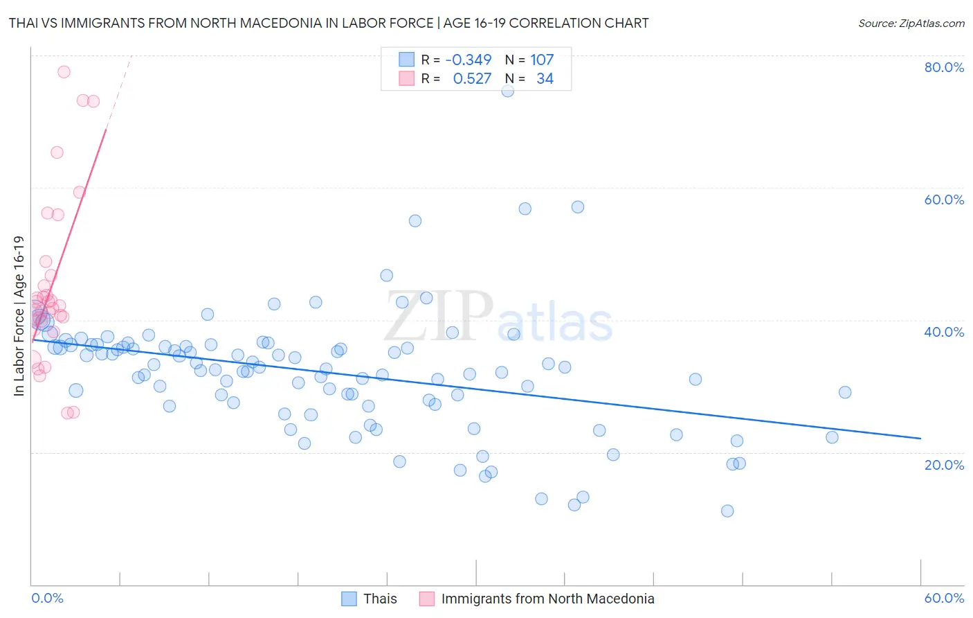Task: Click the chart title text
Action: pyautogui.click(x=329, y=23)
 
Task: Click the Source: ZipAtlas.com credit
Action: pyautogui.click(x=911, y=23)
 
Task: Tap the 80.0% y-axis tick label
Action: pyautogui.click(x=944, y=67)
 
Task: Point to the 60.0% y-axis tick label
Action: pyautogui.click(x=944, y=200)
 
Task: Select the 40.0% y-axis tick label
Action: pyautogui.click(x=944, y=332)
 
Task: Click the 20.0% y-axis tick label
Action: pyautogui.click(x=944, y=464)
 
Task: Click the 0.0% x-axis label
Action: pyautogui.click(x=47, y=598)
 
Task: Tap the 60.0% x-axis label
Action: pyautogui.click(x=944, y=598)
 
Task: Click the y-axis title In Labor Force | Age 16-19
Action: pyautogui.click(x=19, y=316)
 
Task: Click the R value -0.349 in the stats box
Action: pyautogui.click(x=469, y=60)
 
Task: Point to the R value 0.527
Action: pyautogui.click(x=472, y=79)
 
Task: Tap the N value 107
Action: pyautogui.click(x=542, y=60)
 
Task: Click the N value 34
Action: pyautogui.click(x=545, y=79)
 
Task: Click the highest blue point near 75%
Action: pyautogui.click(x=508, y=91)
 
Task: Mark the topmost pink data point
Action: pyautogui.click(x=64, y=71)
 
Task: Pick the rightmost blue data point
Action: pyautogui.click(x=845, y=392)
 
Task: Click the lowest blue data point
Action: pyautogui.click(x=727, y=511)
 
